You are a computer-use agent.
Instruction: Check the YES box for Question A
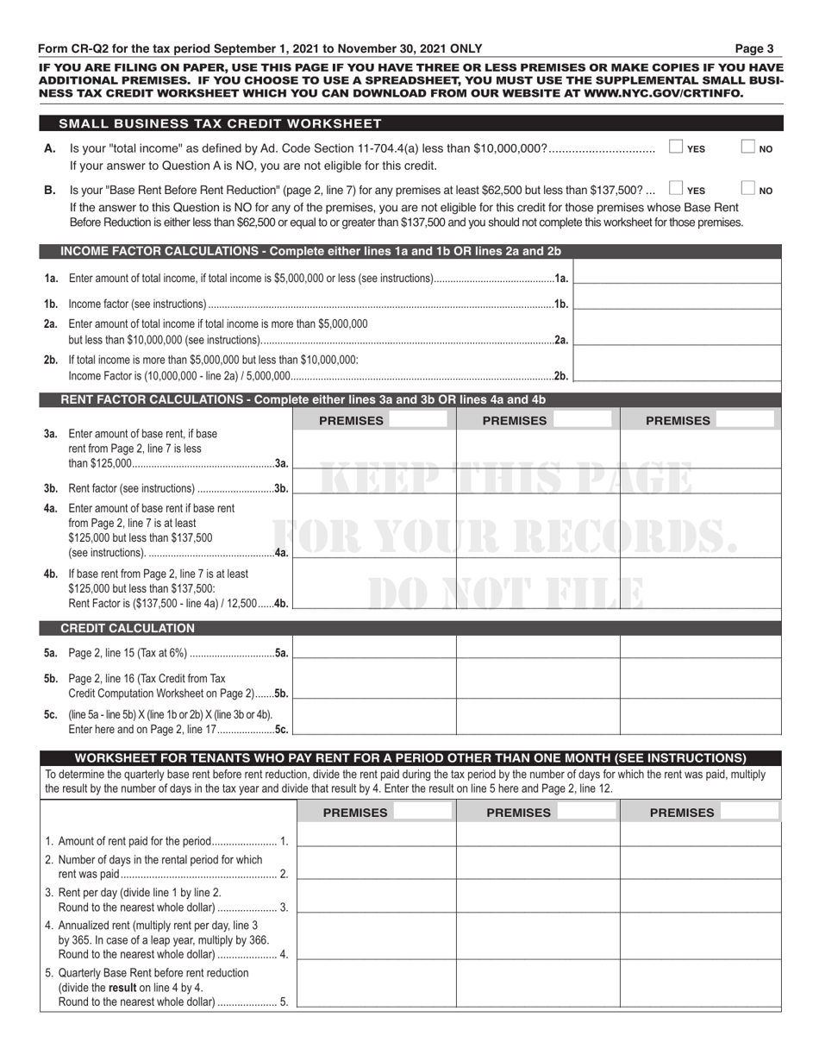pyautogui.click(x=677, y=148)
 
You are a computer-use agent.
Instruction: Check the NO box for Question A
pyautogui.click(x=748, y=148)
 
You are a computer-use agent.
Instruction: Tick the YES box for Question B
pyautogui.click(x=677, y=189)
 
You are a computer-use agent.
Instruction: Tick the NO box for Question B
pyautogui.click(x=748, y=189)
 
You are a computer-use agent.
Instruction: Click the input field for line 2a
pyautogui.click(x=678, y=330)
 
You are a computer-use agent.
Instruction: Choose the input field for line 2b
pyautogui.click(x=678, y=367)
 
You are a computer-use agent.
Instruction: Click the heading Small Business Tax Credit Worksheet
pyautogui.click(x=220, y=123)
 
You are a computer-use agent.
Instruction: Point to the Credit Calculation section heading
pyautogui.click(x=127, y=628)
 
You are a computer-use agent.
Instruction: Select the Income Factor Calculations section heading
pyautogui.click(x=310, y=251)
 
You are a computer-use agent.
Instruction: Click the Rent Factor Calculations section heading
pyautogui.click(x=303, y=399)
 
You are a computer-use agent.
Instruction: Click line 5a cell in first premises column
pyautogui.click(x=374, y=652)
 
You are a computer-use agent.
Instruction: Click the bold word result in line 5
pyautogui.click(x=123, y=988)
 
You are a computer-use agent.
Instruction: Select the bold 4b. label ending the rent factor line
pyautogui.click(x=281, y=603)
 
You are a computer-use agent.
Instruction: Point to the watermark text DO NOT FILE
pyautogui.click(x=504, y=593)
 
